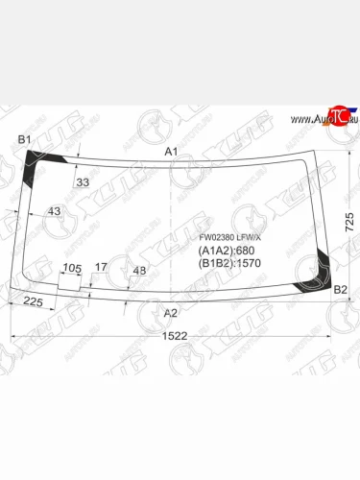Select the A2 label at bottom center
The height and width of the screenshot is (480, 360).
(x=171, y=313)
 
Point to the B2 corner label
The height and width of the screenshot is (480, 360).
(x=339, y=289)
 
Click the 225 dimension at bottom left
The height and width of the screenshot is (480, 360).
(x=35, y=302)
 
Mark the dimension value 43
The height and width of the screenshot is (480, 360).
(x=54, y=211)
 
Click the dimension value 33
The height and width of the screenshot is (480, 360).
(x=83, y=181)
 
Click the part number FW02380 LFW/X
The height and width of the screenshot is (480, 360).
(x=228, y=238)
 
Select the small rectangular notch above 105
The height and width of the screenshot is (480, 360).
(x=68, y=283)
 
